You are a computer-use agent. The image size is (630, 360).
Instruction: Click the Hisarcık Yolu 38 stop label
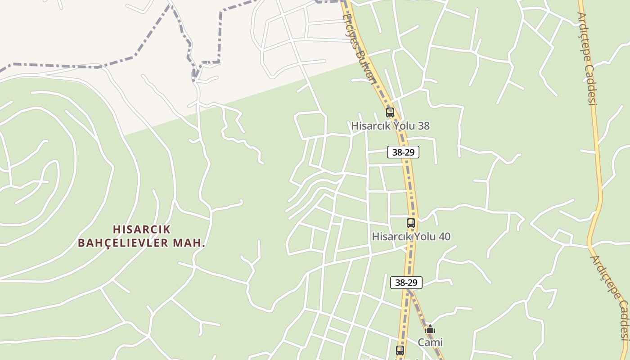point(390,126)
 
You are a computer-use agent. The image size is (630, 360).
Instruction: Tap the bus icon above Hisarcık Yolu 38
point(390,112)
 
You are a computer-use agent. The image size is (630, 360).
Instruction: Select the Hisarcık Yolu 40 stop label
point(411,237)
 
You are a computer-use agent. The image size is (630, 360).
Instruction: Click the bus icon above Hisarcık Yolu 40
point(411,223)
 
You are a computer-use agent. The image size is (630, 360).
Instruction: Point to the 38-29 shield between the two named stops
point(403,152)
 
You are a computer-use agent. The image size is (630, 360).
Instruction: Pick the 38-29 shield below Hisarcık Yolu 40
point(406,283)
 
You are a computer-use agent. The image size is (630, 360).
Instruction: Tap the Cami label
point(430,342)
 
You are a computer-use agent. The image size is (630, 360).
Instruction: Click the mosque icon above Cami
point(430,329)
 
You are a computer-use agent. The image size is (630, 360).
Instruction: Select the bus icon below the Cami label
point(400,350)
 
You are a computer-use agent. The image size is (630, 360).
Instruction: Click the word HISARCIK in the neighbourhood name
point(142,229)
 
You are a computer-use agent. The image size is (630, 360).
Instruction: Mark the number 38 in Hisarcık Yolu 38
point(423,126)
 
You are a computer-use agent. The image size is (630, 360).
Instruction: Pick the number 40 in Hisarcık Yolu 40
point(444,237)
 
